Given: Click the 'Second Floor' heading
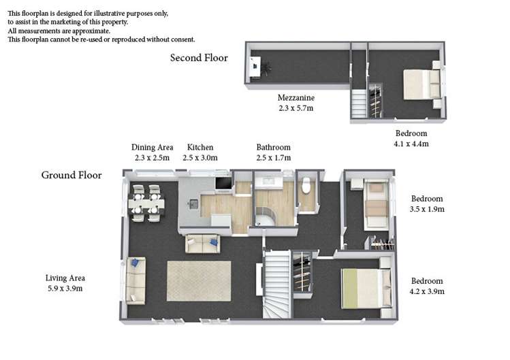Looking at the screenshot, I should (x=199, y=58).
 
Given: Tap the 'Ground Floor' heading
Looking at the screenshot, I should (x=71, y=176).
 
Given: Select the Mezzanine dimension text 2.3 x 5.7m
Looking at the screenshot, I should (x=296, y=108).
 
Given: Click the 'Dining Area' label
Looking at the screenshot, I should (x=153, y=147).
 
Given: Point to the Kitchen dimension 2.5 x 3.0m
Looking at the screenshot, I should (x=200, y=158).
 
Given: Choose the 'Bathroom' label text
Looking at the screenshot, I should (x=273, y=147).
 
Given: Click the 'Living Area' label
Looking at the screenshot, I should (x=65, y=278).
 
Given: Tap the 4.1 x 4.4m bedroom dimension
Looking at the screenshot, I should (x=411, y=144).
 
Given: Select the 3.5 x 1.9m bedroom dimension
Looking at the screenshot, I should (x=427, y=210).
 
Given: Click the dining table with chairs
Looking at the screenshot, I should (x=146, y=203).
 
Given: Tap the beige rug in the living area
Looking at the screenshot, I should (x=199, y=280).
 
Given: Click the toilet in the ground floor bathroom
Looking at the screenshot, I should (x=306, y=186).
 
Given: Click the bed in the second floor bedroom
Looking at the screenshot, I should (x=420, y=84).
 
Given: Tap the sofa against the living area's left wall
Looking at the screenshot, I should (x=136, y=281).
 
